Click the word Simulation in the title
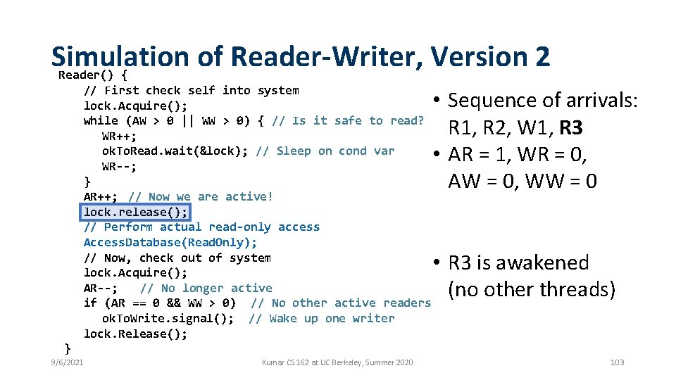point(120,56)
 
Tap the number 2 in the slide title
point(541,56)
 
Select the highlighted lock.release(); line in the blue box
point(136,212)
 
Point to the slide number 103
point(617,362)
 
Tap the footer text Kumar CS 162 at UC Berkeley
point(337,362)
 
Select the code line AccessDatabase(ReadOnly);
point(170,242)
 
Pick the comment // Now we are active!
point(201,196)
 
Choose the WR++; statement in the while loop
point(119,136)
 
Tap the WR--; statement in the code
point(119,166)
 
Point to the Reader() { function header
point(92,75)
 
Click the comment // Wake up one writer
point(322,318)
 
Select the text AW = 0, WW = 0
point(522,182)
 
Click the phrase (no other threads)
point(532,289)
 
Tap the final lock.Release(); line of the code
point(136,334)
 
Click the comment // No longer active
point(206,288)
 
